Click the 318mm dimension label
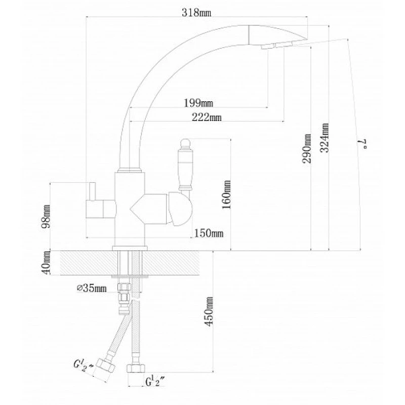pyautogui.click(x=196, y=12)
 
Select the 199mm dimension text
pyautogui.click(x=198, y=103)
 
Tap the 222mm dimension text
pyautogui.click(x=207, y=117)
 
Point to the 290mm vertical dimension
pyautogui.click(x=307, y=148)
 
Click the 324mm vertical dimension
pyautogui.click(x=325, y=138)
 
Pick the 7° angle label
pyautogui.click(x=362, y=144)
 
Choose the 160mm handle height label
pyautogui.click(x=226, y=195)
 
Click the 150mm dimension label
pyautogui.click(x=209, y=233)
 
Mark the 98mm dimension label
pyautogui.click(x=46, y=216)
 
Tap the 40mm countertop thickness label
pyautogui.click(x=46, y=263)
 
